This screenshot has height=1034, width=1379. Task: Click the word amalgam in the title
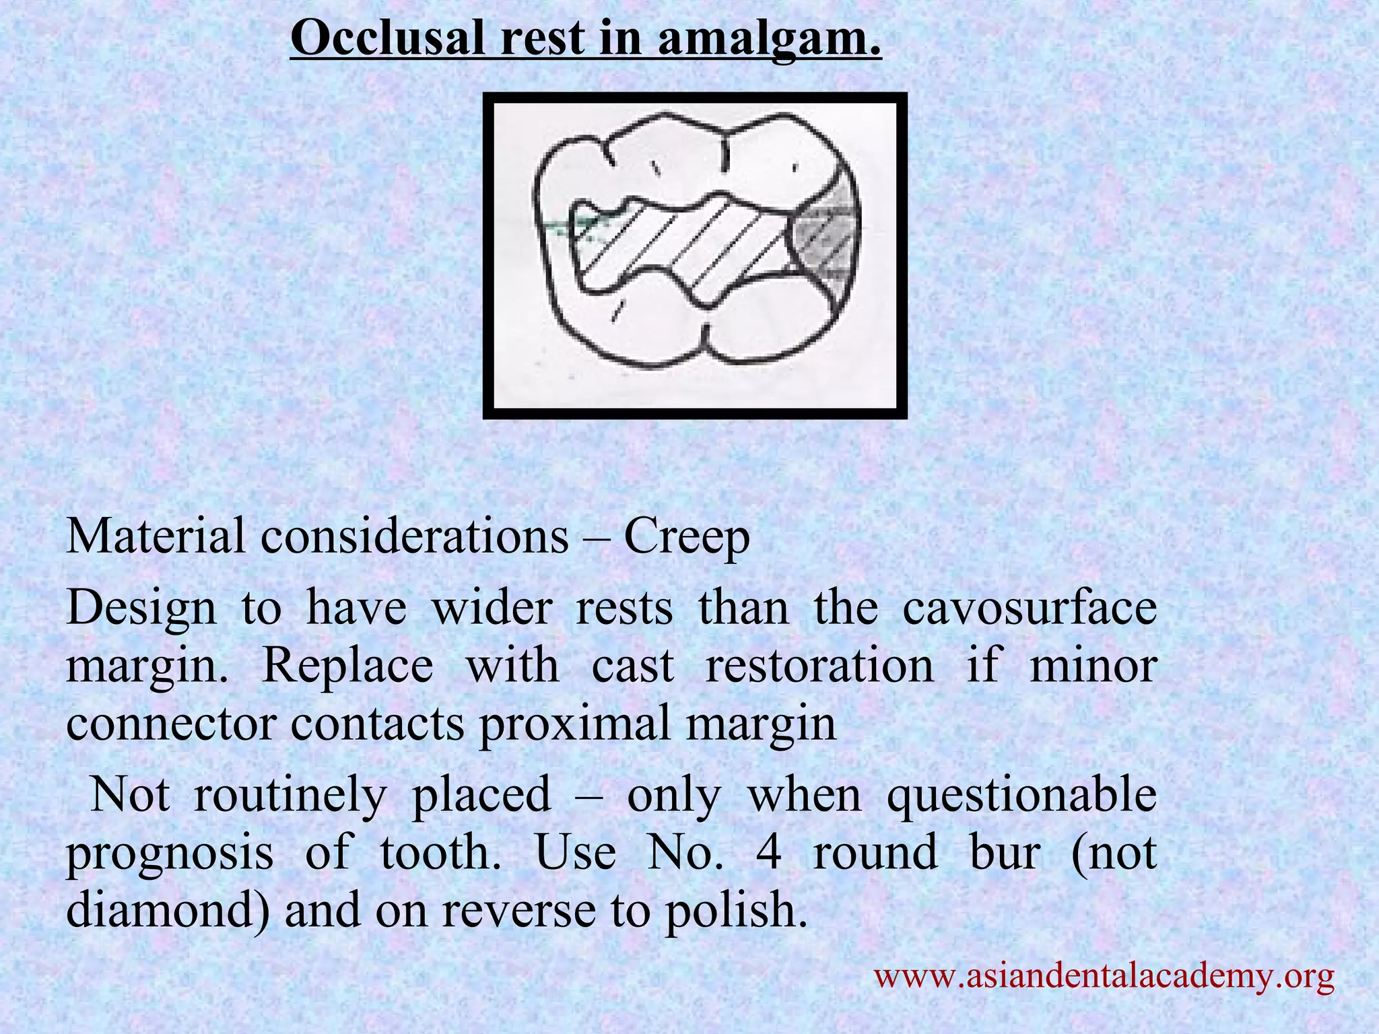[x=769, y=39]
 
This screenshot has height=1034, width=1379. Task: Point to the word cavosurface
[x=1029, y=608]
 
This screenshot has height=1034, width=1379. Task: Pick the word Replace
[x=347, y=666]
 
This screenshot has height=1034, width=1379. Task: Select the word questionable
[x=1021, y=795]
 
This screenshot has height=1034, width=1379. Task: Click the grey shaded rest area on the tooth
[x=826, y=239]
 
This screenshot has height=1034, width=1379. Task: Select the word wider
[x=490, y=608]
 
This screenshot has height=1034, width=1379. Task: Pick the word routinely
[x=290, y=795]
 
